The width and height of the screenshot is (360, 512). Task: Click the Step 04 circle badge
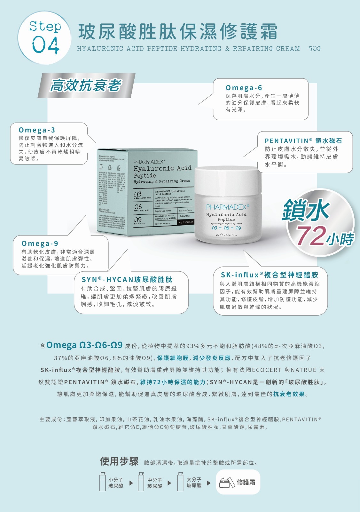(x=44, y=38)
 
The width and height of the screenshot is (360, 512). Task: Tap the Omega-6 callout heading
(x=244, y=88)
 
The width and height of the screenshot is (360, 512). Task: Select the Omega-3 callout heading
(x=37, y=130)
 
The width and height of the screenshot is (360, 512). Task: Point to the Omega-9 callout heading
(x=40, y=244)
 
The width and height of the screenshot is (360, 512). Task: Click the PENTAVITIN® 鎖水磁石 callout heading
(x=303, y=141)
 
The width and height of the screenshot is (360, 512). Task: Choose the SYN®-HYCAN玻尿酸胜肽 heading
(x=127, y=279)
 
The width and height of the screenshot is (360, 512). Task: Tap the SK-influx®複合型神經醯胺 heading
(x=269, y=275)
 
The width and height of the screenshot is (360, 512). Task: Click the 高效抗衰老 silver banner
(x=86, y=85)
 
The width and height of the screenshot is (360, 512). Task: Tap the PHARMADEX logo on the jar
(x=227, y=207)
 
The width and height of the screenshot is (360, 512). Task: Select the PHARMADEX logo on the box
(x=149, y=162)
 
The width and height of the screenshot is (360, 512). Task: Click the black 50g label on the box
(x=186, y=222)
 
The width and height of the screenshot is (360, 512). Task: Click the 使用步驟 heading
(x=119, y=461)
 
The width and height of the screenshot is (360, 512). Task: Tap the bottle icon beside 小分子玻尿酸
(x=103, y=482)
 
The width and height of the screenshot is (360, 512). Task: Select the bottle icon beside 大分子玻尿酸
(x=181, y=482)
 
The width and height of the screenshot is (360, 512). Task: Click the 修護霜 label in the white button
(x=246, y=482)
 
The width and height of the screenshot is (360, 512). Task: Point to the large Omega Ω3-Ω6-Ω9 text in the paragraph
(x=84, y=345)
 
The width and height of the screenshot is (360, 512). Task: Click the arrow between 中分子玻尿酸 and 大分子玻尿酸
(x=169, y=483)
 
